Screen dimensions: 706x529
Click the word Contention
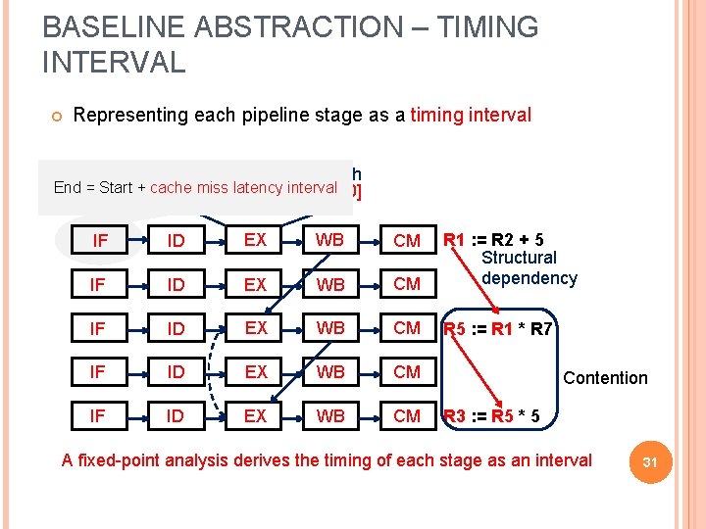(x=605, y=378)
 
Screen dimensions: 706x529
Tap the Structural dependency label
(x=529, y=268)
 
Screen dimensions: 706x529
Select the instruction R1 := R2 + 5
(x=494, y=239)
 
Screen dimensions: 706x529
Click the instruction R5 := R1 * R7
(x=499, y=328)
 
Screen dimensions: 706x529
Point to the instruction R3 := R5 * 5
(x=490, y=416)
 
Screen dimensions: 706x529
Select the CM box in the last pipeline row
(x=406, y=416)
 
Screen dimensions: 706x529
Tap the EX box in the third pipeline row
(x=255, y=328)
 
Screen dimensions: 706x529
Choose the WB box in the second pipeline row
(x=330, y=284)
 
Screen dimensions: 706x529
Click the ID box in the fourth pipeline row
(x=176, y=372)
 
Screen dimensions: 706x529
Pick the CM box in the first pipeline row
(x=406, y=240)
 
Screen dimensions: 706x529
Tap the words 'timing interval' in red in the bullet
(x=471, y=116)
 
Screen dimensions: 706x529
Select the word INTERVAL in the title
(x=114, y=63)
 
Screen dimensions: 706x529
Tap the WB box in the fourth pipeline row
(x=330, y=372)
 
